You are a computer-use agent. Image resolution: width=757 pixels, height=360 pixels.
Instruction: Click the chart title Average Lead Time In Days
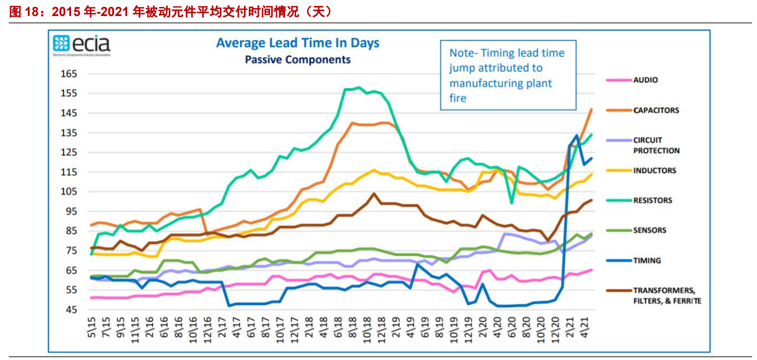point(297,43)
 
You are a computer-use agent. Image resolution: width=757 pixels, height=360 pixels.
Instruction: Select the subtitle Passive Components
point(297,60)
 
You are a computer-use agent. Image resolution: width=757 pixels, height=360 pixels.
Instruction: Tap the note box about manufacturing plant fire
point(508,75)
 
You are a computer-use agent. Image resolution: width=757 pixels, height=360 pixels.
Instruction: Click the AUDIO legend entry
point(645,80)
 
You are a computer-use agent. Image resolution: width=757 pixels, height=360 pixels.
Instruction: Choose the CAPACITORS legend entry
point(656,111)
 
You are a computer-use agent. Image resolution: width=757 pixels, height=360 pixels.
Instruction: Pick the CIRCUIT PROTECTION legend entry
point(656,145)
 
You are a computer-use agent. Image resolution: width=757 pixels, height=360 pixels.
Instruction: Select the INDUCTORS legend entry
point(655,171)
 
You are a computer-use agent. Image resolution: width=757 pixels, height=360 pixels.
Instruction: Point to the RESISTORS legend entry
point(652,201)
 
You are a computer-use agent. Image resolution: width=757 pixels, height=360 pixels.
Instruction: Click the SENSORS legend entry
point(650,231)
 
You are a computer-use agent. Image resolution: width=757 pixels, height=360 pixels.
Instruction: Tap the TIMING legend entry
point(647,261)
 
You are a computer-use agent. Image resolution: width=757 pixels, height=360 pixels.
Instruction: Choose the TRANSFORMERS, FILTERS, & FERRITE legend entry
point(667,295)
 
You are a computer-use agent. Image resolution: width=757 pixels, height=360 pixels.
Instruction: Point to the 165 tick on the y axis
point(69,74)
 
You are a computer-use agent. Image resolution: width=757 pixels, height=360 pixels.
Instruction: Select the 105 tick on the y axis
point(69,192)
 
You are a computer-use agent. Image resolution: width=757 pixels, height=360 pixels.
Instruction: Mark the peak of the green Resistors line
point(359,88)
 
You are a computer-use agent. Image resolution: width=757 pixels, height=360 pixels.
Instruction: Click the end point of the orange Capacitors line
point(592,109)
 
